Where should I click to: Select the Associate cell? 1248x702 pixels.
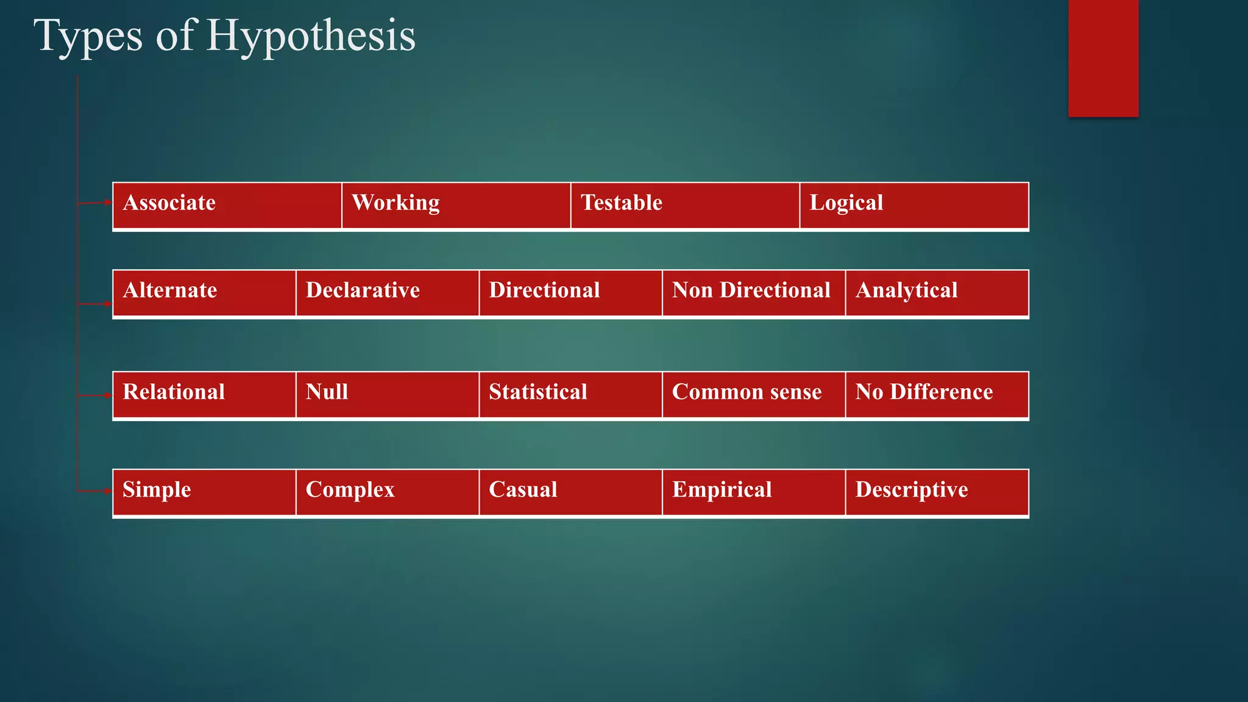(227, 205)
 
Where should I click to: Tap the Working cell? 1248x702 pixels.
(456, 205)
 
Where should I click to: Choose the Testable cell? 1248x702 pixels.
(685, 205)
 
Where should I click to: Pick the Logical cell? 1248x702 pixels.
(914, 205)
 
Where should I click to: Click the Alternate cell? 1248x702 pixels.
(204, 293)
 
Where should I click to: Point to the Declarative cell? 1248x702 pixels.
(388, 293)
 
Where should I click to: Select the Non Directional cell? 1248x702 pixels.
(754, 293)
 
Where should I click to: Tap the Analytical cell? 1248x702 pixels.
(937, 293)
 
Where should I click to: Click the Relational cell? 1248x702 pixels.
(204, 394)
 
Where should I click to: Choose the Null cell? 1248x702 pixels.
(388, 394)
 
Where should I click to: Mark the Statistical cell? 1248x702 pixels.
(570, 394)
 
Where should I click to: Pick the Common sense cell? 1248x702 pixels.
(754, 394)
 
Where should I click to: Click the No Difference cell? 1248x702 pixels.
(937, 394)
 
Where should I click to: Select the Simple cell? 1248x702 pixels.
(204, 492)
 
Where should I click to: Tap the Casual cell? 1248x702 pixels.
(570, 492)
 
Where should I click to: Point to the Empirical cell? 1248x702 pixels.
(754, 492)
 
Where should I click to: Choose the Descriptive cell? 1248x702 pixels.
(937, 492)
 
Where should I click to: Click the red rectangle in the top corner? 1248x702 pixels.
(1103, 58)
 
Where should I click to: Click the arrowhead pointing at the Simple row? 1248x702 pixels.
(108, 491)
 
